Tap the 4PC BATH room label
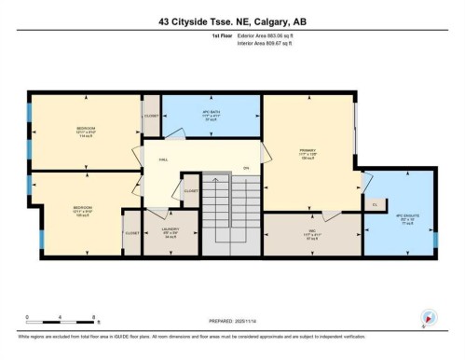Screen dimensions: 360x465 [210, 116]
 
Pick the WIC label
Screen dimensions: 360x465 [312, 235]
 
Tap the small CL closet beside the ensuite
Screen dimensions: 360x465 [375, 204]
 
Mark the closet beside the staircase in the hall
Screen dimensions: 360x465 [190, 190]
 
